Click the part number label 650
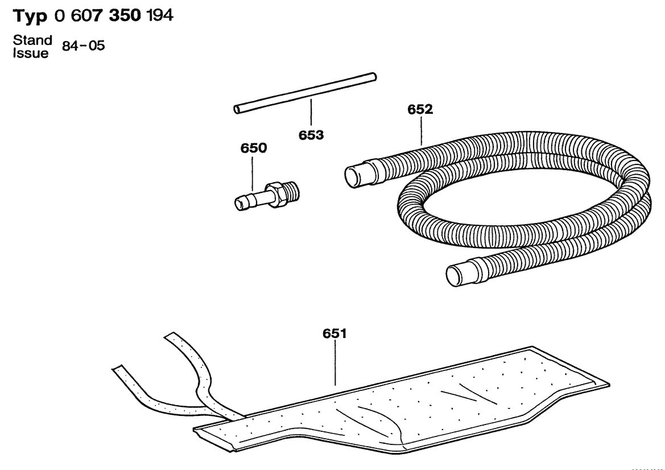pos(254,148)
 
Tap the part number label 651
pos(334,333)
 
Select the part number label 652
pos(420,109)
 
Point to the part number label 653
pos(311,135)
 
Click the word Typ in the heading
pos(30,16)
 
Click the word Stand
pos(32,40)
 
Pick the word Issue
pos(31,53)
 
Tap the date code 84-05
pos(84,46)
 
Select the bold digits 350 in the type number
pos(125,15)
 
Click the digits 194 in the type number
pos(159,15)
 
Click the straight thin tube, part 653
pos(305,93)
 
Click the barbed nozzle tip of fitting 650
pos(242,203)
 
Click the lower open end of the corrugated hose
pos(456,275)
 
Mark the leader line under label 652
pos(421,131)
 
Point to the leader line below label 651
pos(336,363)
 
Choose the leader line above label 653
pos(311,113)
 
